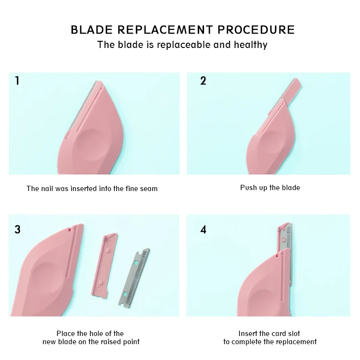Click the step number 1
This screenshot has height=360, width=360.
17,81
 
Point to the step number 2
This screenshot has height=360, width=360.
203,81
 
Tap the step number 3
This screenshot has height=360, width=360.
18,229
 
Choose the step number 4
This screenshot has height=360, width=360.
204,229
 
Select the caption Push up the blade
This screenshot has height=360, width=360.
270,187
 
